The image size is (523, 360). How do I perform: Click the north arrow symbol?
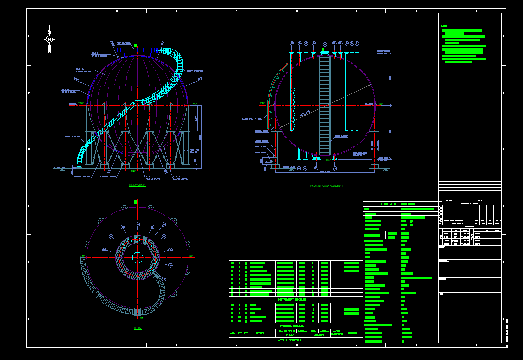[49, 39]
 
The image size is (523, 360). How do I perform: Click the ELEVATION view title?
[137, 185]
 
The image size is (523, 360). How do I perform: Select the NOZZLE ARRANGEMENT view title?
[326, 186]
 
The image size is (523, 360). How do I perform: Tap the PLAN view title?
[138, 328]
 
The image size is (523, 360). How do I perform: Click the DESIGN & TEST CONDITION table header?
[400, 204]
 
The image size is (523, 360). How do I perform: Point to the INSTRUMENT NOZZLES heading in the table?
[292, 300]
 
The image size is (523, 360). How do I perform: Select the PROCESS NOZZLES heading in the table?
[292, 326]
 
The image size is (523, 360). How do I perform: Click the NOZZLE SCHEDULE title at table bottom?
[290, 340]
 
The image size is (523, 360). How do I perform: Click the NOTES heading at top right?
[444, 26]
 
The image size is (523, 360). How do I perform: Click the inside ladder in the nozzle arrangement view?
[325, 104]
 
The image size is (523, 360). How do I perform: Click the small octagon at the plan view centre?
[138, 257]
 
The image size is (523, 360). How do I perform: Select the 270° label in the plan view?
[82, 256]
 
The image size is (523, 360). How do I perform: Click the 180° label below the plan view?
[141, 318]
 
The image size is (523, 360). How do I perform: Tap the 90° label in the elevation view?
[195, 104]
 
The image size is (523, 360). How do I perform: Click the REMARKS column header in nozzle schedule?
[352, 333]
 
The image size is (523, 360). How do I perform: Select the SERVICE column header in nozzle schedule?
[260, 333]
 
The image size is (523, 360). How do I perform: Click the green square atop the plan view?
[135, 202]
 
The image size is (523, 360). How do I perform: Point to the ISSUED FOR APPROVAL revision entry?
[455, 220]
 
